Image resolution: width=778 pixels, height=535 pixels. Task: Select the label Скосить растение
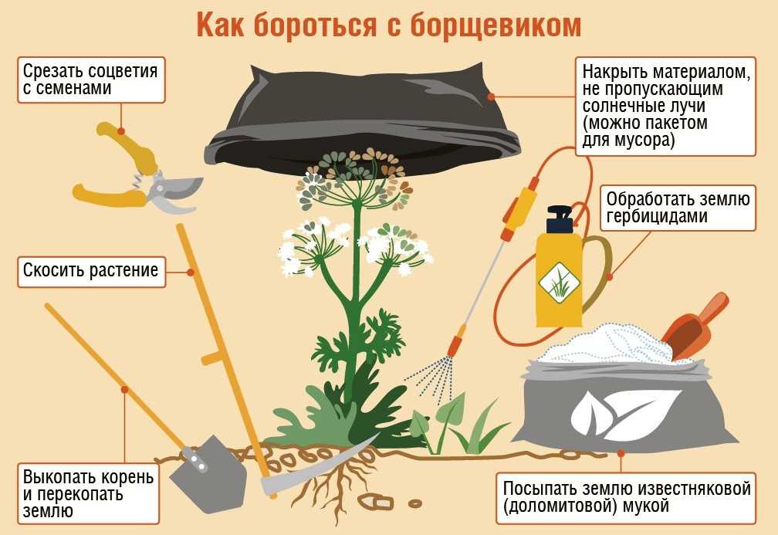(90, 271)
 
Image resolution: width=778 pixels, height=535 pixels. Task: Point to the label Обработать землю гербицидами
(678, 208)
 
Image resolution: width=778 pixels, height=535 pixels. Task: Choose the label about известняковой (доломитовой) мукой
(625, 498)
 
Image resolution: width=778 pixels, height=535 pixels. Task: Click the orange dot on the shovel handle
(123, 390)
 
